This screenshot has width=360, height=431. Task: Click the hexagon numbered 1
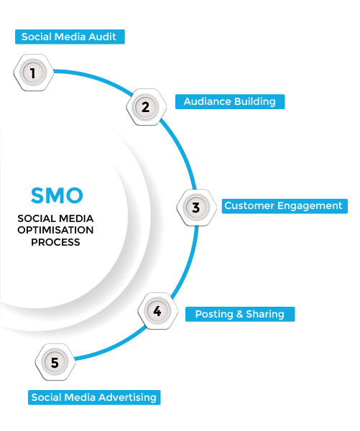point(32,72)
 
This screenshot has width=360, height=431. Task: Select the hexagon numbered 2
point(145,107)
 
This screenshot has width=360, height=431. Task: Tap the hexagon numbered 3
point(195,208)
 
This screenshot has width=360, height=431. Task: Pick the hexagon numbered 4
point(157,311)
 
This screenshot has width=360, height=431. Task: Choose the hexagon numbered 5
point(54,363)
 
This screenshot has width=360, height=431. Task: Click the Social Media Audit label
point(69,37)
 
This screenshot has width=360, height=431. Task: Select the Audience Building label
point(229,101)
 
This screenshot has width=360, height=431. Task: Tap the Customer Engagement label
point(283,205)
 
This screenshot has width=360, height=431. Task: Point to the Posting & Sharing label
point(240,314)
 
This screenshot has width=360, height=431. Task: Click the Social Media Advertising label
point(93,397)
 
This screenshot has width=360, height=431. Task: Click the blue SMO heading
point(57,195)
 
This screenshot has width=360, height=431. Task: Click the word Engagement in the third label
point(311,205)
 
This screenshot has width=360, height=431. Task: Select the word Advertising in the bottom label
point(129,397)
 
